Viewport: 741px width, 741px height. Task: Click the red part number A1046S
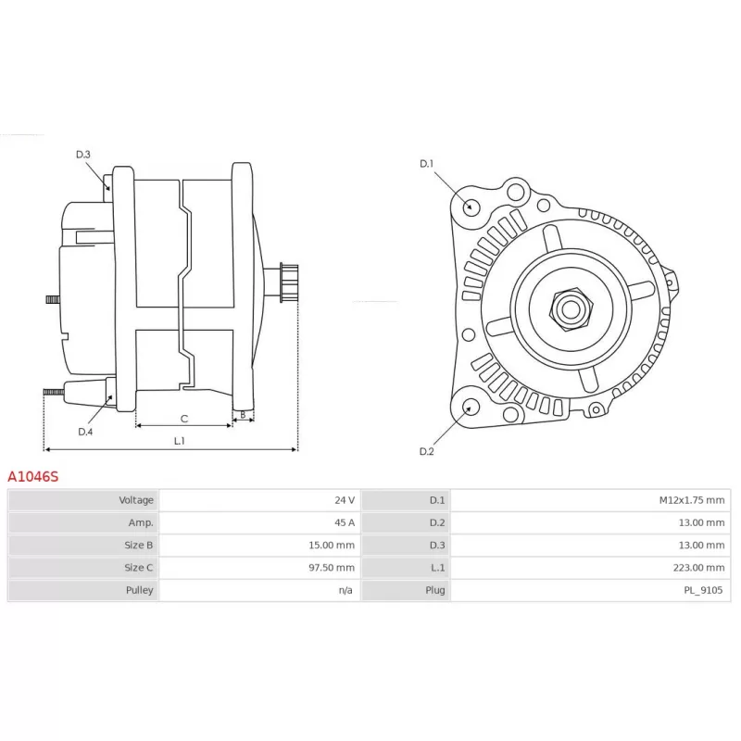(33, 476)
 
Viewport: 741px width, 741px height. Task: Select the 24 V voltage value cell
(259, 500)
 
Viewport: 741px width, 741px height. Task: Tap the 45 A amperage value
(345, 522)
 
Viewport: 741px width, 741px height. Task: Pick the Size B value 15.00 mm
(332, 545)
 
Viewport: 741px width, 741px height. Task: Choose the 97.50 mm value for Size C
(332, 568)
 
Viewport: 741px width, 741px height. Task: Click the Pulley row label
(140, 590)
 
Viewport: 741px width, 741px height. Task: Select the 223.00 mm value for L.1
(698, 568)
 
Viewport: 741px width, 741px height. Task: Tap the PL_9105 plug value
(703, 590)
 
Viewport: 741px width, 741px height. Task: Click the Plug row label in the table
(434, 590)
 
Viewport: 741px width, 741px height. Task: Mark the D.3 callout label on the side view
(83, 155)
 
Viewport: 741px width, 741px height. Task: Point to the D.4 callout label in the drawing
(85, 432)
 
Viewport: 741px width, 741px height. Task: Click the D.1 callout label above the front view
(426, 164)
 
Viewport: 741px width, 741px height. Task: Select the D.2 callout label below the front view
(426, 451)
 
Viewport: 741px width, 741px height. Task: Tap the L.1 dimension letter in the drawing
(179, 441)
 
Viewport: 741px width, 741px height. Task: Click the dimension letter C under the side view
(184, 419)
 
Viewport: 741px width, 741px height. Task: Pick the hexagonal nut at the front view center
(571, 309)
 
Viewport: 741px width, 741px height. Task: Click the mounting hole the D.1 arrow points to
(471, 207)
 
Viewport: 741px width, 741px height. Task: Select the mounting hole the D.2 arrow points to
(470, 407)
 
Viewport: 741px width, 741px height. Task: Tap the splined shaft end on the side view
(289, 283)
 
